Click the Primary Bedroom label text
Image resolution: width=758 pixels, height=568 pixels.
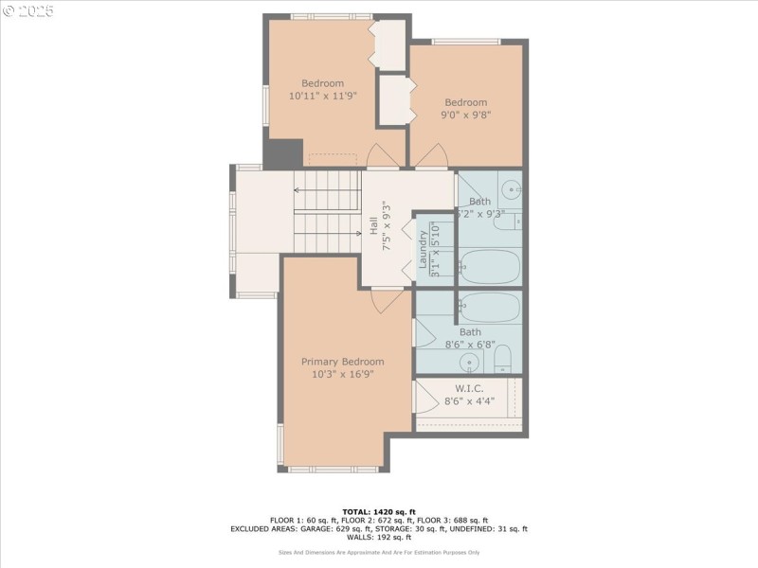pyautogui.click(x=342, y=362)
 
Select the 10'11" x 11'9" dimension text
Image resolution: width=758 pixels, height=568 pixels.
pyautogui.click(x=322, y=96)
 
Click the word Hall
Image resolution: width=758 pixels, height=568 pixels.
pyautogui.click(x=373, y=226)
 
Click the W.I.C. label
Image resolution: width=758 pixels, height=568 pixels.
pyautogui.click(x=469, y=388)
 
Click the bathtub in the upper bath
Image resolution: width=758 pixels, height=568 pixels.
pyautogui.click(x=489, y=266)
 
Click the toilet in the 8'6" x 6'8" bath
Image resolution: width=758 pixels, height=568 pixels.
pyautogui.click(x=502, y=358)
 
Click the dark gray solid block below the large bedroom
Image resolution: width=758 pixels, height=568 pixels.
pyautogui.click(x=282, y=153)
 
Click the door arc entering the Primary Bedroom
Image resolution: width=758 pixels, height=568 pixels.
pyautogui.click(x=387, y=300)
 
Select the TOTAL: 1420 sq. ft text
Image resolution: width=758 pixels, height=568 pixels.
pyautogui.click(x=379, y=512)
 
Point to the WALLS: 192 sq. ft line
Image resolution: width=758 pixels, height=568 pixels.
pyautogui.click(x=379, y=538)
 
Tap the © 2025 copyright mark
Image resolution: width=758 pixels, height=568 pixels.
pyautogui.click(x=28, y=11)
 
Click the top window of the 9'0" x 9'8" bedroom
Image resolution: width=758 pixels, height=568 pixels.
pyautogui.click(x=466, y=41)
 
